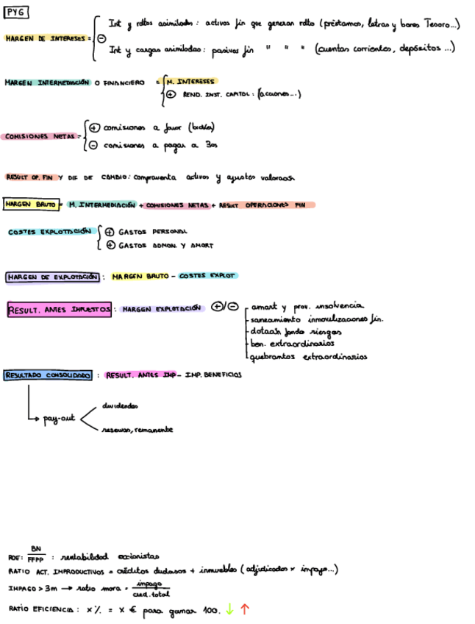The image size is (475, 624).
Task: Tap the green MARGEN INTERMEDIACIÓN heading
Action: (x=47, y=82)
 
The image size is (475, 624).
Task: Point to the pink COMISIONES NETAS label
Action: (x=39, y=136)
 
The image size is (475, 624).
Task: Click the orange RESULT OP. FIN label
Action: (x=30, y=177)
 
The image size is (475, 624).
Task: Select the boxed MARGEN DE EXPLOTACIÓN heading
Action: (x=53, y=277)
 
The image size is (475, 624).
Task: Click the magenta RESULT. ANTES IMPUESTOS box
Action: (x=60, y=310)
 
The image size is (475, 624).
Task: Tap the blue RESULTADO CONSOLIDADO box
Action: (x=48, y=375)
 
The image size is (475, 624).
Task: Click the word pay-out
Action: (x=59, y=418)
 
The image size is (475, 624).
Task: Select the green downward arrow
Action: (x=229, y=609)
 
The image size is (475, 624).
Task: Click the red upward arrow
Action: (x=244, y=609)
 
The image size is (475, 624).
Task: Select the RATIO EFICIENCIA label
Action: (x=41, y=609)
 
